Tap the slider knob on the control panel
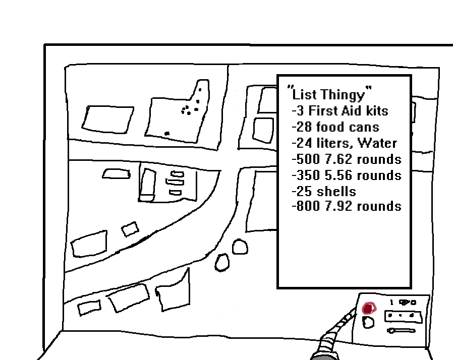[391, 331]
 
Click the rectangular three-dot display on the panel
[402, 316]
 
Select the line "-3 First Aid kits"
[340, 110]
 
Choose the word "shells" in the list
[336, 192]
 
